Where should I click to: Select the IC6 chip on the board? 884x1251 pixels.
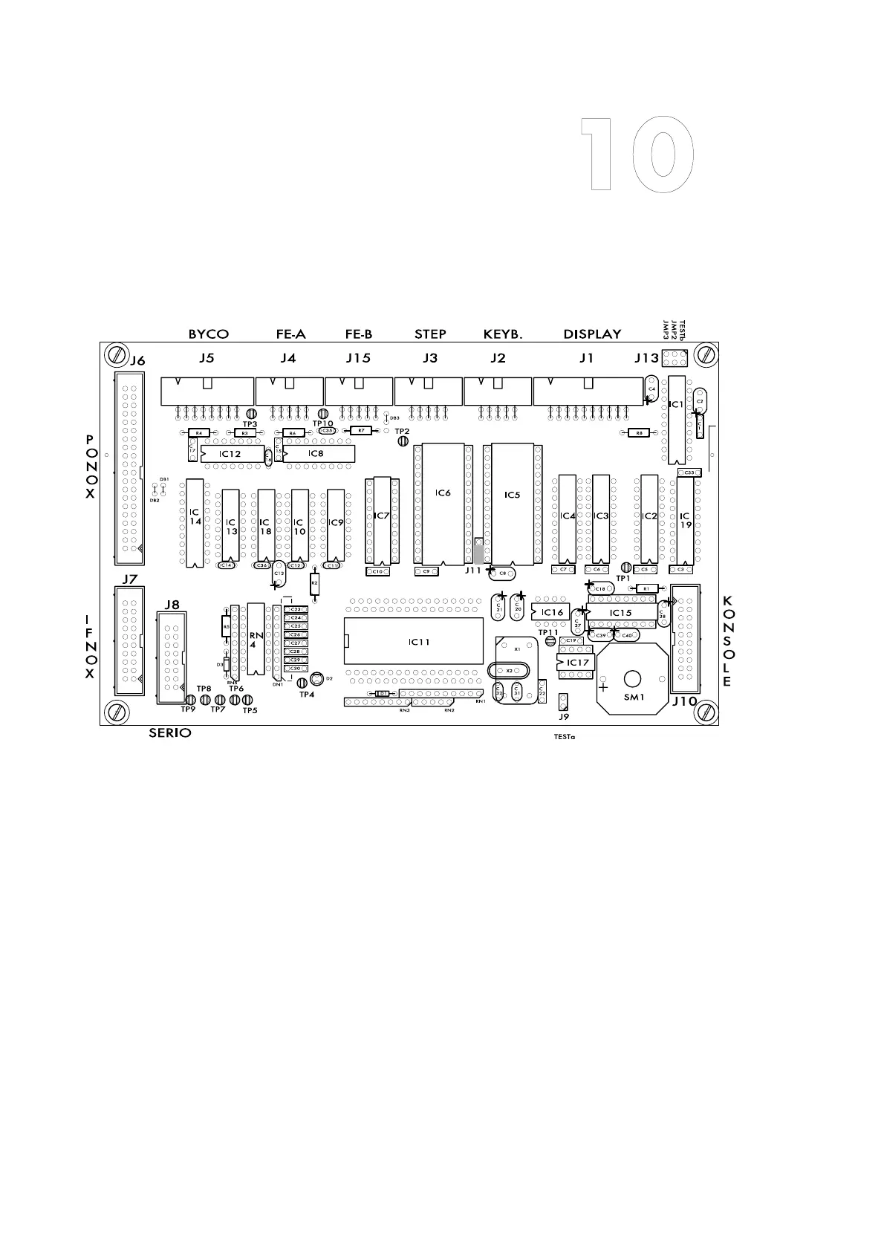(x=443, y=504)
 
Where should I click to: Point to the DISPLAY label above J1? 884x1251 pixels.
(x=592, y=334)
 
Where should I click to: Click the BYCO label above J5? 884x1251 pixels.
(x=208, y=334)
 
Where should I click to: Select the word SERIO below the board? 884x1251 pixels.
(x=170, y=733)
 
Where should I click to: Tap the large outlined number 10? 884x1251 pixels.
(x=637, y=155)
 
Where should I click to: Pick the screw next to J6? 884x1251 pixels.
(x=115, y=354)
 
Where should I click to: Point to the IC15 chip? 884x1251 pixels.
(x=621, y=613)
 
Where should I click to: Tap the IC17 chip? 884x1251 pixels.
(x=576, y=662)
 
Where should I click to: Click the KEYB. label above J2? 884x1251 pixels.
(x=503, y=334)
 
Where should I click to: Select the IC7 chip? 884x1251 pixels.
(x=383, y=519)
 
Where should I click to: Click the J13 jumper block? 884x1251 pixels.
(x=675, y=360)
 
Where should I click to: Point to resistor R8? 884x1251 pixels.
(x=639, y=432)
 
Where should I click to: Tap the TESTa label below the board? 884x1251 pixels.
(x=564, y=738)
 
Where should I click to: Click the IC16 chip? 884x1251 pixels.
(x=551, y=612)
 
